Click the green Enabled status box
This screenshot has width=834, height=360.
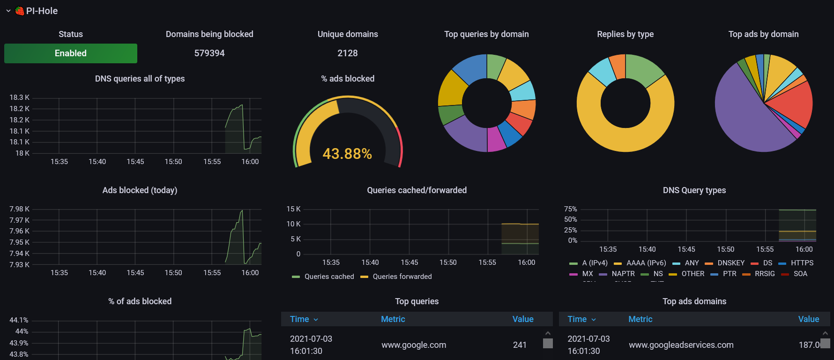coord(71,53)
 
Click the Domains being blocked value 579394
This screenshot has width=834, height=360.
coord(209,53)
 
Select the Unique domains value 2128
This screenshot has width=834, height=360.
coord(348,53)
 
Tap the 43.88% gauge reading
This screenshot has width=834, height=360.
coord(347,154)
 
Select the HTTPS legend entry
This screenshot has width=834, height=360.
coord(802,263)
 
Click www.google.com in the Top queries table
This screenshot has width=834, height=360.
coord(414,345)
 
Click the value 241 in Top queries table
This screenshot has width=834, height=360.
coord(520,345)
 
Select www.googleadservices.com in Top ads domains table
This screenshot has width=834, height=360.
coord(681,345)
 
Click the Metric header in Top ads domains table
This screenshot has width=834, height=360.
coord(640,319)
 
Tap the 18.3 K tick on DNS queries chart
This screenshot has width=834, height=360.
coord(19,97)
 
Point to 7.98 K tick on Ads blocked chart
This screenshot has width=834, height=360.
coord(19,209)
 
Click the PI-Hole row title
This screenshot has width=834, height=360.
coord(42,11)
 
